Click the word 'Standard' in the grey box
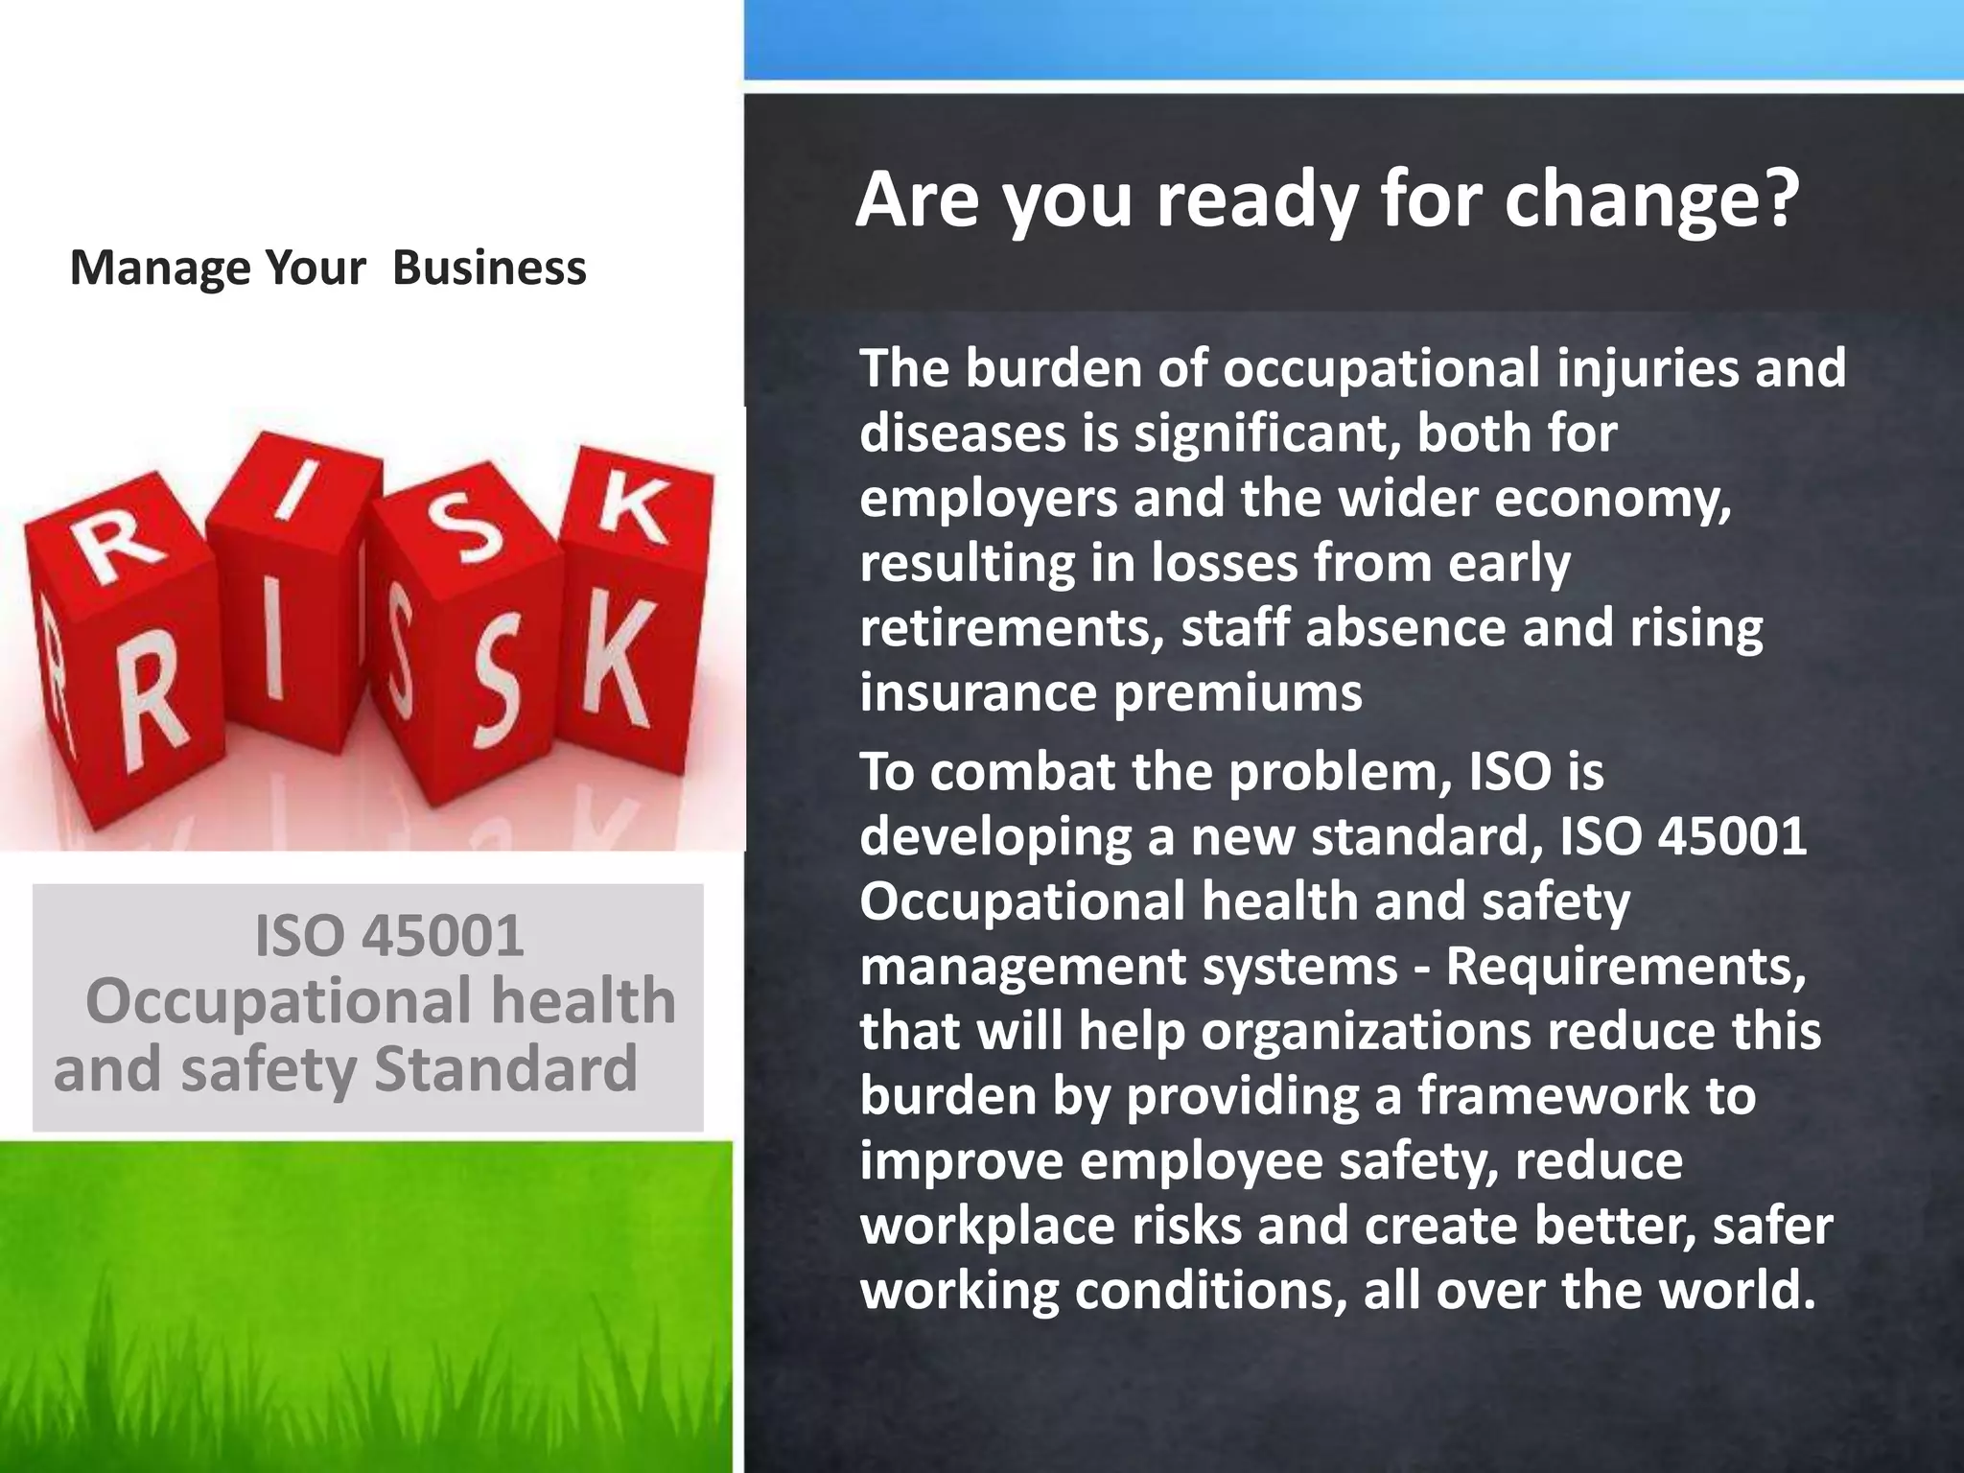click(x=505, y=1068)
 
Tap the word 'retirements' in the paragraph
click(x=1012, y=628)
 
